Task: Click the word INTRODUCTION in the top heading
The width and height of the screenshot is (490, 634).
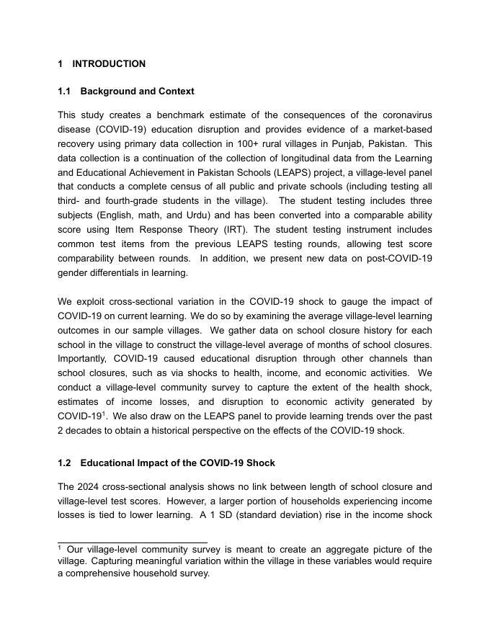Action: pyautogui.click(x=109, y=64)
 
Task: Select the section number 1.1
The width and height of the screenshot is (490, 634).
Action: pyautogui.click(x=64, y=91)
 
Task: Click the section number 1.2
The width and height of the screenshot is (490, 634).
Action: pyautogui.click(x=64, y=463)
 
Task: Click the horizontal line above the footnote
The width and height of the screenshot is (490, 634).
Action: pyautogui.click(x=132, y=543)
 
